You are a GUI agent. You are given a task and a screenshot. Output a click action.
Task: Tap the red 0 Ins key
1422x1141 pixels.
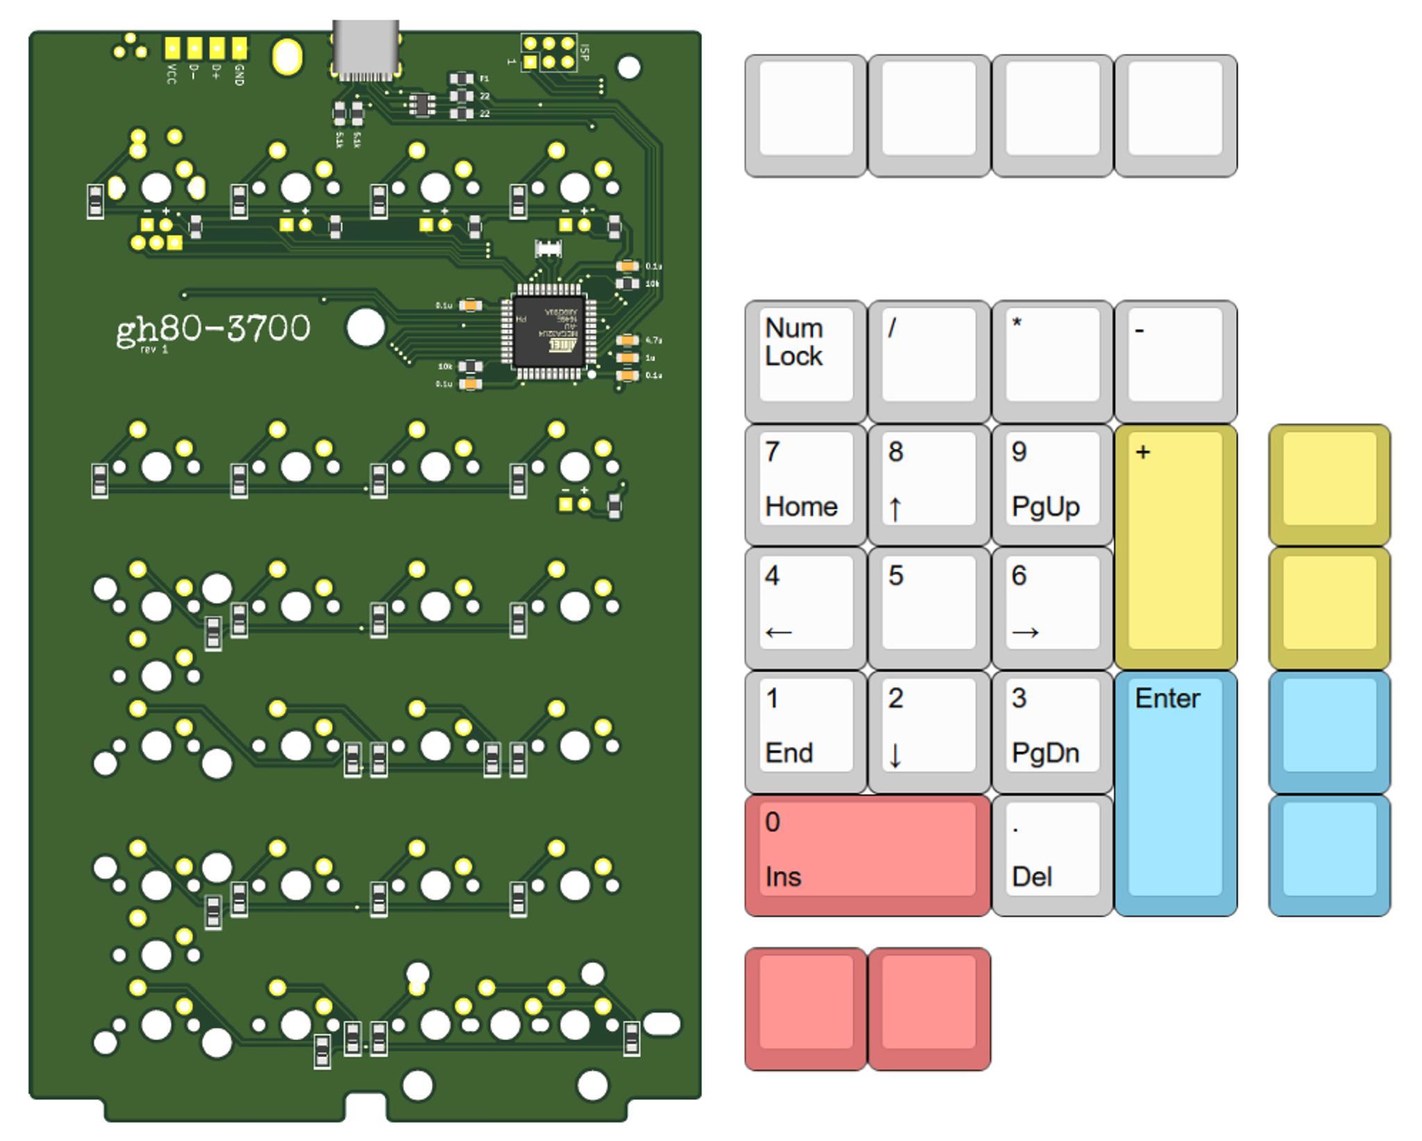point(867,854)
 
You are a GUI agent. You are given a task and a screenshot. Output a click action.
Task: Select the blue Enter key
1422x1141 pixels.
point(1175,792)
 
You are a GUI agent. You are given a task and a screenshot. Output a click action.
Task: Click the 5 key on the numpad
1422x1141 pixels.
point(928,607)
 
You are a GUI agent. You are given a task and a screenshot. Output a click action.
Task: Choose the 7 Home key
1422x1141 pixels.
point(805,483)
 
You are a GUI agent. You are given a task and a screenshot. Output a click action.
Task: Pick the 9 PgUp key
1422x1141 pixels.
point(1052,483)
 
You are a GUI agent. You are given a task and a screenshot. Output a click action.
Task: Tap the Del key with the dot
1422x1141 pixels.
point(1052,854)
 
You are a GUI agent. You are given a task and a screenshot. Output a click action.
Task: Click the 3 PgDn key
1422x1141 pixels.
point(1052,731)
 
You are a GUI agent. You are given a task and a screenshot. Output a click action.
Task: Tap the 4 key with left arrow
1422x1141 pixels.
point(805,607)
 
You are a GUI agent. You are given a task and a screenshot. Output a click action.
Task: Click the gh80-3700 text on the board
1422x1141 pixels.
point(212,329)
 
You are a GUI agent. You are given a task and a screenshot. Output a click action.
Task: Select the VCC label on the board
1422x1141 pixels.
point(172,74)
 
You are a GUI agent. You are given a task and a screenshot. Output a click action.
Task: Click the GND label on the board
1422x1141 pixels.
point(240,74)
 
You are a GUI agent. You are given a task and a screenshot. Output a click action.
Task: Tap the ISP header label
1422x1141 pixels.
point(584,52)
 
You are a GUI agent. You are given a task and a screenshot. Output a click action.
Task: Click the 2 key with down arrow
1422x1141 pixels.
point(928,731)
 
